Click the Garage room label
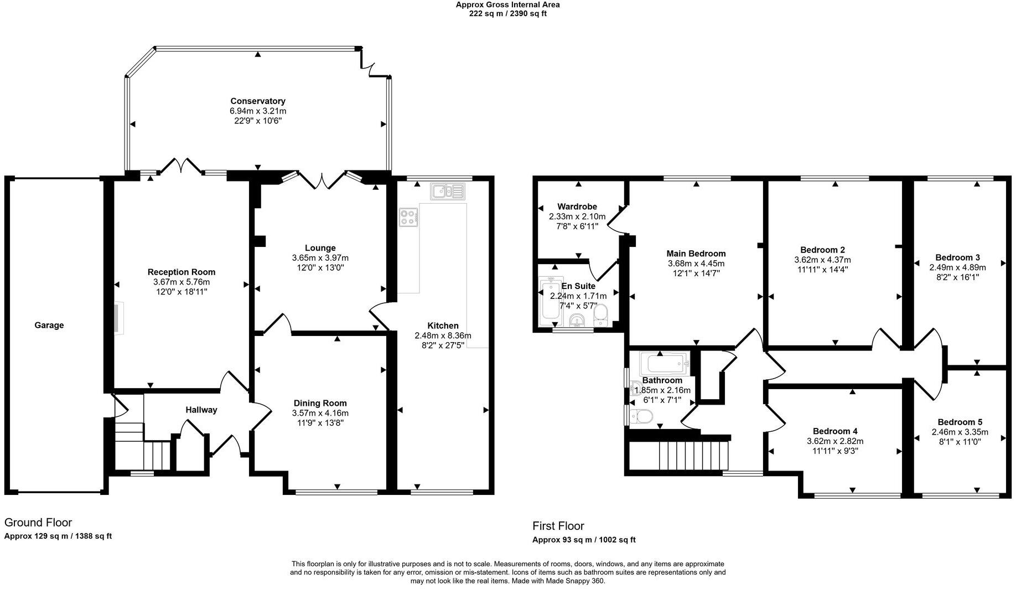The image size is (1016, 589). coord(49,325)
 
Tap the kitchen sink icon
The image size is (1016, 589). coord(447,192)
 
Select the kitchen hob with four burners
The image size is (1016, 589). coord(408,217)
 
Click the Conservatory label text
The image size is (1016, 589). coord(258,101)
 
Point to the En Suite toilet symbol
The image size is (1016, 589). coord(600,316)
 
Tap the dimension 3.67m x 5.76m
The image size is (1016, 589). coord(182,282)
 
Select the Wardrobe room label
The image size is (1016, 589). coord(577,207)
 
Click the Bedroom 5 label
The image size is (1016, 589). coord(960,422)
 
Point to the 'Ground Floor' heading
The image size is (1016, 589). coord(38,523)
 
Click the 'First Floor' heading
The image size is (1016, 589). coord(558,526)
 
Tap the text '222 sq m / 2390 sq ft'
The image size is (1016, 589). coord(507,14)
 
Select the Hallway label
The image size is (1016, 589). coord(201,410)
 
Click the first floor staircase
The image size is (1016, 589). coord(692,455)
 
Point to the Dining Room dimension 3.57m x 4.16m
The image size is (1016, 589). coord(320,413)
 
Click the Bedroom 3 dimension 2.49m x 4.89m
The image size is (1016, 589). coord(957,267)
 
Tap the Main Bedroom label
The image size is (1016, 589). coord(696,254)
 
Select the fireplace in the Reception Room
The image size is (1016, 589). coord(118,318)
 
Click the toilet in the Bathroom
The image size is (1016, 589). coord(641,416)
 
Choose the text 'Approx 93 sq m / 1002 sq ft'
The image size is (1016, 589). coord(584,540)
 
